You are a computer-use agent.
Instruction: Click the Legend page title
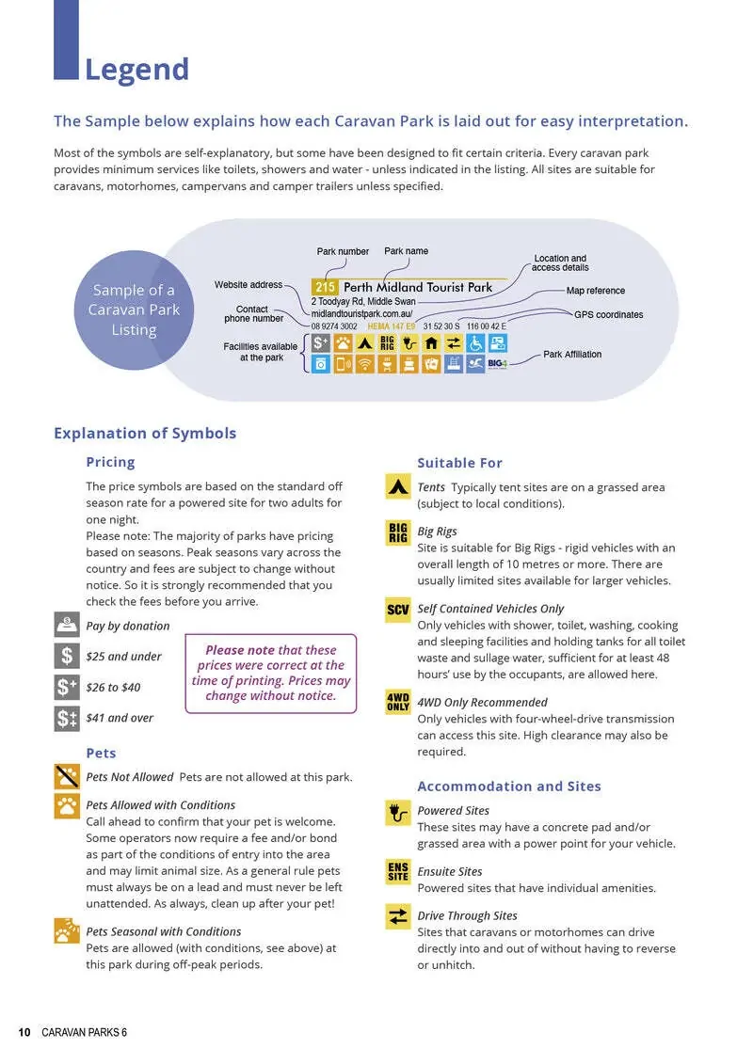tap(136, 70)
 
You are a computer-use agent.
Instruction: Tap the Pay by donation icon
tap(67, 625)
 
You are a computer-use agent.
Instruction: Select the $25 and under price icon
tap(67, 656)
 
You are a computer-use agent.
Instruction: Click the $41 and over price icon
tap(67, 718)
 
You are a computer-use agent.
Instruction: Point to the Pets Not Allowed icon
tap(67, 776)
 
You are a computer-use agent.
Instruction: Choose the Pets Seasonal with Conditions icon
tap(67, 930)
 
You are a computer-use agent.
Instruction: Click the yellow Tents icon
tap(398, 486)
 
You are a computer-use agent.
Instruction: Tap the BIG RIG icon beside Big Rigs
tap(398, 532)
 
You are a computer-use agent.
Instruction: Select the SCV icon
tap(398, 609)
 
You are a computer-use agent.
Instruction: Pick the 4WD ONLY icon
tap(398, 702)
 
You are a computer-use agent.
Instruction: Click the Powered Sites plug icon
tap(398, 812)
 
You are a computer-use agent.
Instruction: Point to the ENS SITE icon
tap(398, 871)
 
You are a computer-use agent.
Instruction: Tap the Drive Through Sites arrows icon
tap(398, 915)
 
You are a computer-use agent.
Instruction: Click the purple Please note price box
tap(271, 673)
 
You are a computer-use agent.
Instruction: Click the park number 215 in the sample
tap(325, 287)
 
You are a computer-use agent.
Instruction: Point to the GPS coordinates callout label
tap(608, 314)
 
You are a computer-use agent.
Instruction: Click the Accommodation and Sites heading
tap(509, 786)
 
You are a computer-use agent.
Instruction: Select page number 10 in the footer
tap(24, 1033)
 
